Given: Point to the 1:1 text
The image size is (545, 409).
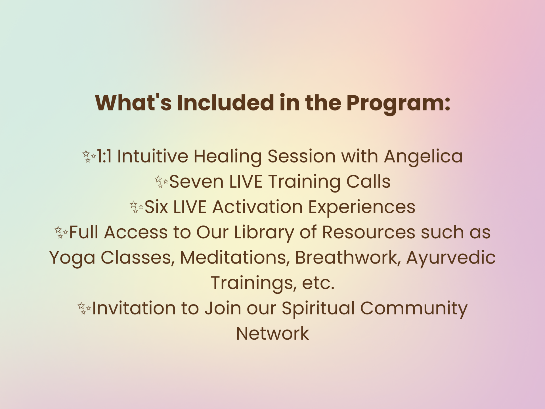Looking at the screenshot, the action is coord(104,156).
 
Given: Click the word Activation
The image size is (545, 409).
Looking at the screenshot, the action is coord(257,207).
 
